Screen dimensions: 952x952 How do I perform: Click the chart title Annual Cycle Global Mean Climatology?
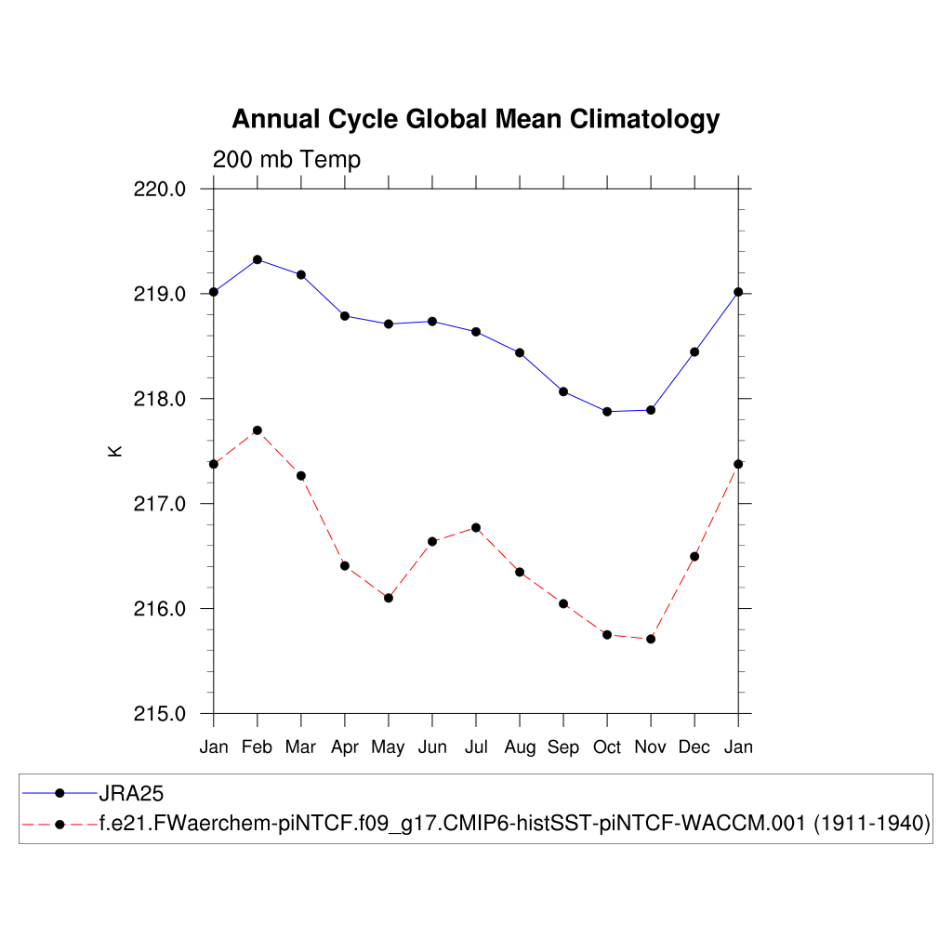point(475,120)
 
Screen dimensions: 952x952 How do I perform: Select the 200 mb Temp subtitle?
point(286,160)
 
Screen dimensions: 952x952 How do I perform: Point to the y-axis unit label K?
point(115,451)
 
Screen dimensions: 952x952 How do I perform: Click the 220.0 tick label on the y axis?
point(161,189)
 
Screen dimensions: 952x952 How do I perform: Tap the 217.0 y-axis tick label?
point(161,504)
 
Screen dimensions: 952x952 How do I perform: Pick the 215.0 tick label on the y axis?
point(161,714)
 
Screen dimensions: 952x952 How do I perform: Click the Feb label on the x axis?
point(258,747)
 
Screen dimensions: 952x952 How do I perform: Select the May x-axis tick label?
point(388,747)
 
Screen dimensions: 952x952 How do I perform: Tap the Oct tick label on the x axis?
point(607,747)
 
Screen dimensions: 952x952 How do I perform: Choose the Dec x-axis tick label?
point(694,747)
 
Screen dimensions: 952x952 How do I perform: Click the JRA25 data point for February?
point(258,259)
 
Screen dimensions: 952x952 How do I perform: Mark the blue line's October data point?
point(607,411)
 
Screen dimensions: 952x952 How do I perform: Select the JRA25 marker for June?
point(432,322)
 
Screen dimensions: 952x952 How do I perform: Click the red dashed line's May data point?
point(389,598)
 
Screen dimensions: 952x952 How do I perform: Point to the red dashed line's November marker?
point(651,639)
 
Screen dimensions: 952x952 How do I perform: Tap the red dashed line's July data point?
point(476,528)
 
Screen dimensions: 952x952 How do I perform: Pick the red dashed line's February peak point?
point(258,430)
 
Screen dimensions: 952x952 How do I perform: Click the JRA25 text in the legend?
point(131,793)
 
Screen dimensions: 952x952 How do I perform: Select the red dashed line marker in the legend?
point(60,824)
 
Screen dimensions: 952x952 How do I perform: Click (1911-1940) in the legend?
point(872,824)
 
